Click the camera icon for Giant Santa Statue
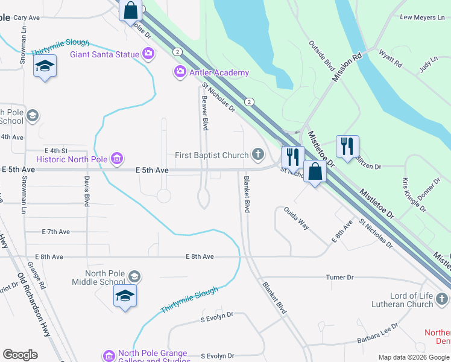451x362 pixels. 148,55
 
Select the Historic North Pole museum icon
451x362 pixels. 117,159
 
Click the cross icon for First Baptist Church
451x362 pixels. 258,155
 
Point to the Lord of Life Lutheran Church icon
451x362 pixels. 443,299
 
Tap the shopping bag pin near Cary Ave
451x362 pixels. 130,10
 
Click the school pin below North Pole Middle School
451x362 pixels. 125,296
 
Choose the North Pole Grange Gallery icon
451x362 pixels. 109,356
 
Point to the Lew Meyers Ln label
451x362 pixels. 422,17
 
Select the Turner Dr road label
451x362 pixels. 339,278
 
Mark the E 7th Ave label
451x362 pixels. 56,232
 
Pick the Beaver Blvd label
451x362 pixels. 205,113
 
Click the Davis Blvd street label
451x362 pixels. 87,191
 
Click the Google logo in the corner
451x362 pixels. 20,355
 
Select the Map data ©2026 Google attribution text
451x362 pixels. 413,357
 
